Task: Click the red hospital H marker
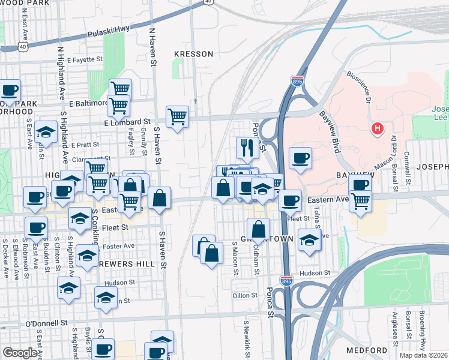point(378,128)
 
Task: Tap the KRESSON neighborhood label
point(193,54)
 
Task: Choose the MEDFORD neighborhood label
point(366,350)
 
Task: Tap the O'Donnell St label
point(46,323)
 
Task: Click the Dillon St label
point(245,295)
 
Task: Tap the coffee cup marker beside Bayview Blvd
point(300,158)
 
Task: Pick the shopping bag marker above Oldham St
point(258,229)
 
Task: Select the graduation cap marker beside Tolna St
point(309,241)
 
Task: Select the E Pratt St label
point(84,145)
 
